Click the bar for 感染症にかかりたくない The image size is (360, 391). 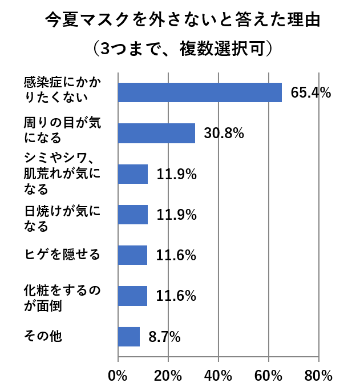[x=200, y=92]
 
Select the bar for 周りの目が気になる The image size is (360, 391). [x=156, y=133]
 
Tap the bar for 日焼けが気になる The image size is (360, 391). [x=133, y=215]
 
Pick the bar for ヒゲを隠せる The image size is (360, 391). [x=132, y=255]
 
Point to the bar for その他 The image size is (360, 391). [x=129, y=337]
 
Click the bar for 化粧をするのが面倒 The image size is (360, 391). [x=132, y=296]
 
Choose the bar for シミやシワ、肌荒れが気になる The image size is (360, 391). [x=133, y=174]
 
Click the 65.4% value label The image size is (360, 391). [x=311, y=93]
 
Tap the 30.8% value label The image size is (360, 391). [x=224, y=134]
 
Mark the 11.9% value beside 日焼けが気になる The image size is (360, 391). [x=177, y=215]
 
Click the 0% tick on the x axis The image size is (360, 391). [x=118, y=376]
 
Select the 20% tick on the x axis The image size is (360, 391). [x=168, y=376]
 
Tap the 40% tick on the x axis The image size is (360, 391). [x=219, y=376]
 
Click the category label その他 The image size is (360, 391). [x=43, y=336]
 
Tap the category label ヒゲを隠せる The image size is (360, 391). [x=63, y=254]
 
